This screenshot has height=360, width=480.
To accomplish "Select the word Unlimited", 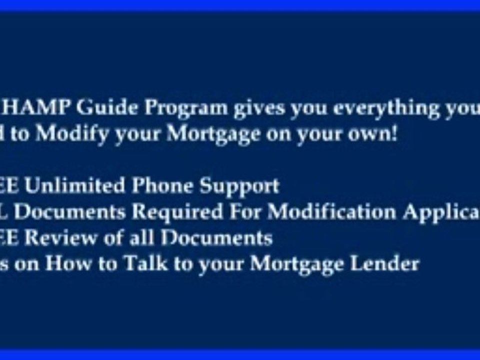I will pyautogui.click(x=75, y=186).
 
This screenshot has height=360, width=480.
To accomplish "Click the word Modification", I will pyautogui.click(x=332, y=212).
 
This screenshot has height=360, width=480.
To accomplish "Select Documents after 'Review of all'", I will pyautogui.click(x=216, y=238).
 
